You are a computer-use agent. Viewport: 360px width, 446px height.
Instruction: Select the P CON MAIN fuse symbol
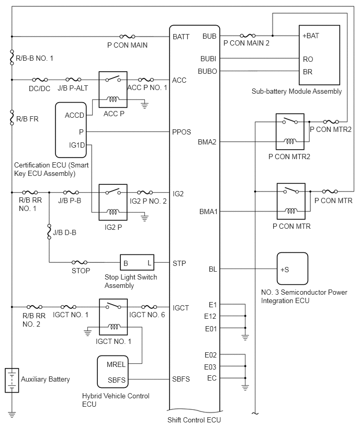(127, 37)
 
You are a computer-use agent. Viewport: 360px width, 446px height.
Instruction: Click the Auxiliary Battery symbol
(12, 380)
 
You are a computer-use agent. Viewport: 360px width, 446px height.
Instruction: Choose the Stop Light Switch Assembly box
(138, 262)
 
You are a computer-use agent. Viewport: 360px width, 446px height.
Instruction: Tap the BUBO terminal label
(208, 71)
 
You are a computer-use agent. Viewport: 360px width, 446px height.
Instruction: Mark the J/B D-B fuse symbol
(49, 230)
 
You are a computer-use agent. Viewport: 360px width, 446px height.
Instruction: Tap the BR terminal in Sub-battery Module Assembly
(308, 71)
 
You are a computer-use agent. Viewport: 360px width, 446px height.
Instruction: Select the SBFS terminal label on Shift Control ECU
(181, 378)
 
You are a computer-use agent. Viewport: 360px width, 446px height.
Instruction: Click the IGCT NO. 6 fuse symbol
(149, 307)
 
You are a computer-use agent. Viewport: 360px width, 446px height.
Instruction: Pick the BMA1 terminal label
(208, 211)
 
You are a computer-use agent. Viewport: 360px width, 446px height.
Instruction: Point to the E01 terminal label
(212, 329)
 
